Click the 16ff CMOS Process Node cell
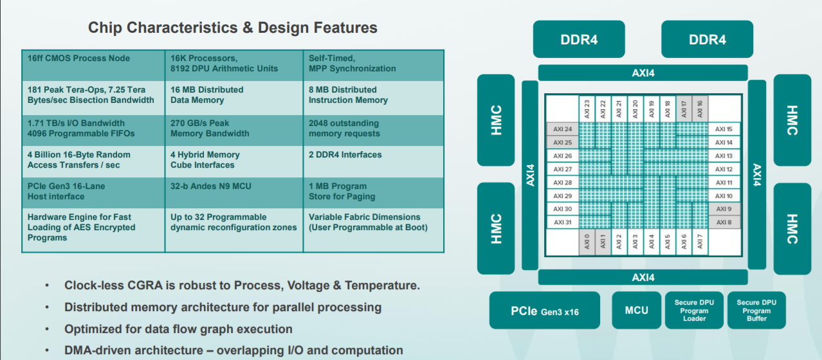[93, 66]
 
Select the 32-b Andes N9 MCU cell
[234, 193]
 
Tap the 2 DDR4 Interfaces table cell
[374, 161]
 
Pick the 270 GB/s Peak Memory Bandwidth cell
[234, 130]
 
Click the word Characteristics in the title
[181, 28]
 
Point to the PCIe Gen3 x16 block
[545, 310]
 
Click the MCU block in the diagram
[636, 310]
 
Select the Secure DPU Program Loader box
[694, 310]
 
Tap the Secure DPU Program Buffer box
[756, 310]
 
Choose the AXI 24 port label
[563, 129]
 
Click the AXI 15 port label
[724, 129]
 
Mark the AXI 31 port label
[563, 222]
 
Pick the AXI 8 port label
[724, 222]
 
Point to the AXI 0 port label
[587, 242]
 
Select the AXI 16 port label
[700, 109]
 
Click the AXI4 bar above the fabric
[643, 73]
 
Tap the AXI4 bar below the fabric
[643, 277]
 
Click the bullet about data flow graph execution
[178, 329]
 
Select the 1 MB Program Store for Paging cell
[374, 193]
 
